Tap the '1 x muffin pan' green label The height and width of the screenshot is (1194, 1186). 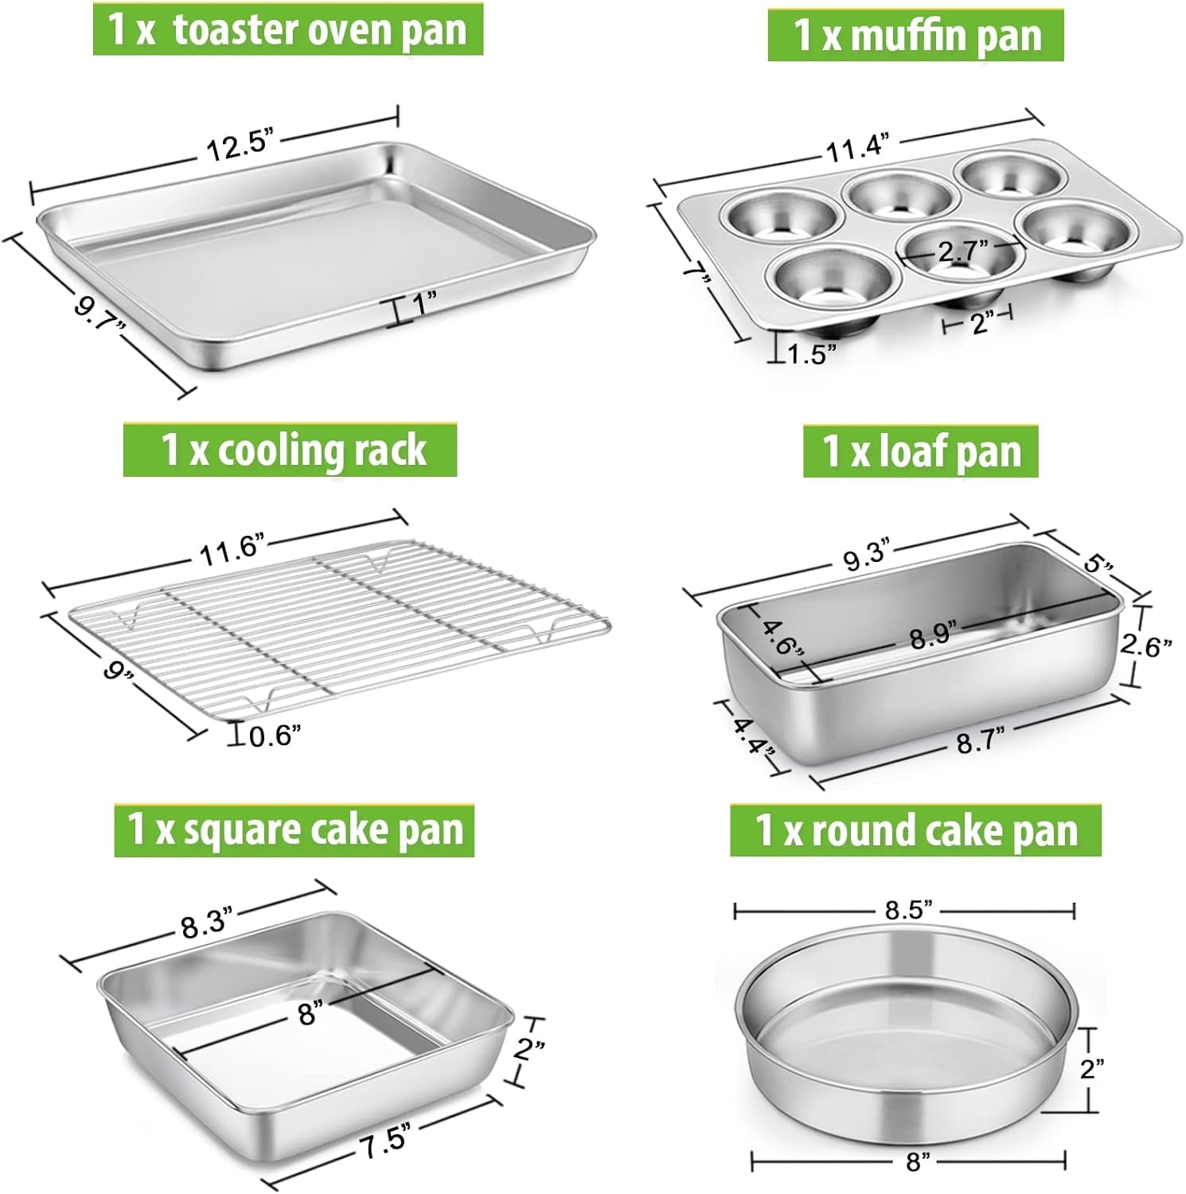915,35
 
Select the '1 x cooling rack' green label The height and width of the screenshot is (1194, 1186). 290,450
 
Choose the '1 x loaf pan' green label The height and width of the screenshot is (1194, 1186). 920,451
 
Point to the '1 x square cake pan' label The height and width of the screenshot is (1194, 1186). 294,830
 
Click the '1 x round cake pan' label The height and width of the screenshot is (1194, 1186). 915,830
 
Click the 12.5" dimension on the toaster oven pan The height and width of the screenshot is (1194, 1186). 240,146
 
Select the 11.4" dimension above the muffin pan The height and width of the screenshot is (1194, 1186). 856,147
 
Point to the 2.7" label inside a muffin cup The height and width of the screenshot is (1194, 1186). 962,252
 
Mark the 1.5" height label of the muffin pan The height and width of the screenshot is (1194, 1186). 811,353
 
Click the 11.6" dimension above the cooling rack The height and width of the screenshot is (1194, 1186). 231,550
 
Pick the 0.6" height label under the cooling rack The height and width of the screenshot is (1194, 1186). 275,736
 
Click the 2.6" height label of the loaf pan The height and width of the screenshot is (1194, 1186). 1145,645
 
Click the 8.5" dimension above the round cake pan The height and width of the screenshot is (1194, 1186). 907,910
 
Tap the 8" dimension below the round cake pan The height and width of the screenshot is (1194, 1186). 917,1163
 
